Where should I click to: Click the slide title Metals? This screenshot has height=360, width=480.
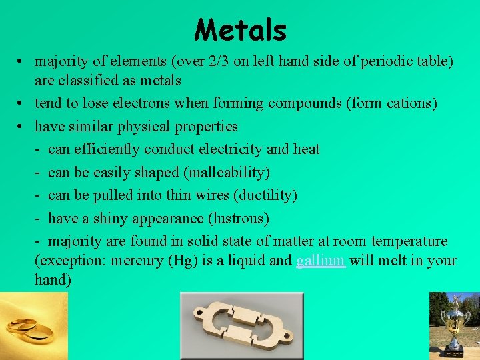(241, 30)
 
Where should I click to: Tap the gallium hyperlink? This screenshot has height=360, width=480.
(320, 261)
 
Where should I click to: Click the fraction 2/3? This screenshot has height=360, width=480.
(217, 61)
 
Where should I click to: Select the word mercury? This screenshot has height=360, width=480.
(130, 261)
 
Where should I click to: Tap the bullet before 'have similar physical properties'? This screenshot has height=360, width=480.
(22, 126)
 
